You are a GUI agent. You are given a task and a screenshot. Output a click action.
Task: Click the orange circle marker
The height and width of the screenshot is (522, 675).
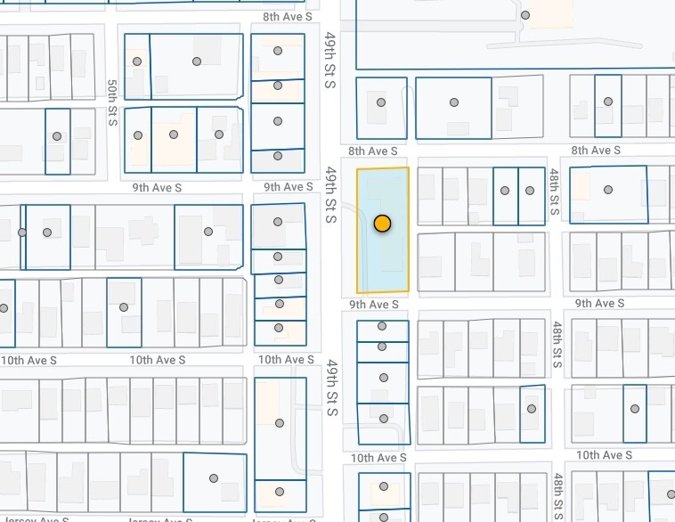pos(382,224)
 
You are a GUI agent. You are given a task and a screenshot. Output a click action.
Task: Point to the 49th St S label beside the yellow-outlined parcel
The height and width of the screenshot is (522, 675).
pos(329,193)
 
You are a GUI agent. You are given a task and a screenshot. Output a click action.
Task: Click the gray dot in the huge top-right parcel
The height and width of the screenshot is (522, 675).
pos(525,15)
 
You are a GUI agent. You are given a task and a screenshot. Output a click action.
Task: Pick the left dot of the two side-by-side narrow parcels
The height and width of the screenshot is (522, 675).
pos(505,191)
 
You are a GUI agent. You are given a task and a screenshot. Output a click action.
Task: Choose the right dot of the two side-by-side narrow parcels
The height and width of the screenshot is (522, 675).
pos(530,191)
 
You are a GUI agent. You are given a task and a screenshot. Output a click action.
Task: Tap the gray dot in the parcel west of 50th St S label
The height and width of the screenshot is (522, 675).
pos(57,136)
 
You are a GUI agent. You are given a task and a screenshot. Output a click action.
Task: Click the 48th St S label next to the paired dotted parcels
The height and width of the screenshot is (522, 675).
pos(554,192)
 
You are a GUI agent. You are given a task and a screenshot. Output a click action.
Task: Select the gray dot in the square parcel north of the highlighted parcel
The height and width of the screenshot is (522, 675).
pos(381,102)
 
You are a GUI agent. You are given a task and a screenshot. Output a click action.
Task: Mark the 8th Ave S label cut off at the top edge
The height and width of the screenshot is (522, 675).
pos(287,16)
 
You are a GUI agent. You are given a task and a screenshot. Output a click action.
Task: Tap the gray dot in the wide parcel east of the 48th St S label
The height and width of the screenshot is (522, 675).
pos(608,190)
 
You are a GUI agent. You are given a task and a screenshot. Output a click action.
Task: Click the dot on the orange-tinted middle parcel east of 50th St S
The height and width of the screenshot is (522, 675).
pos(174,135)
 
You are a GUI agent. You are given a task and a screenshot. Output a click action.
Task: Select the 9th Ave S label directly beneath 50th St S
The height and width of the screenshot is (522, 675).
pos(157,187)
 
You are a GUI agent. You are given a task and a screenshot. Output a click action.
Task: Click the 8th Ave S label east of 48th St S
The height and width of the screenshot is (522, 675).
pos(596,151)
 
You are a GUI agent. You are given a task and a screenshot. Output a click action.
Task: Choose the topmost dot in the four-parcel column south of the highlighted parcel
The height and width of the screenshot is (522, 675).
pos(382,327)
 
